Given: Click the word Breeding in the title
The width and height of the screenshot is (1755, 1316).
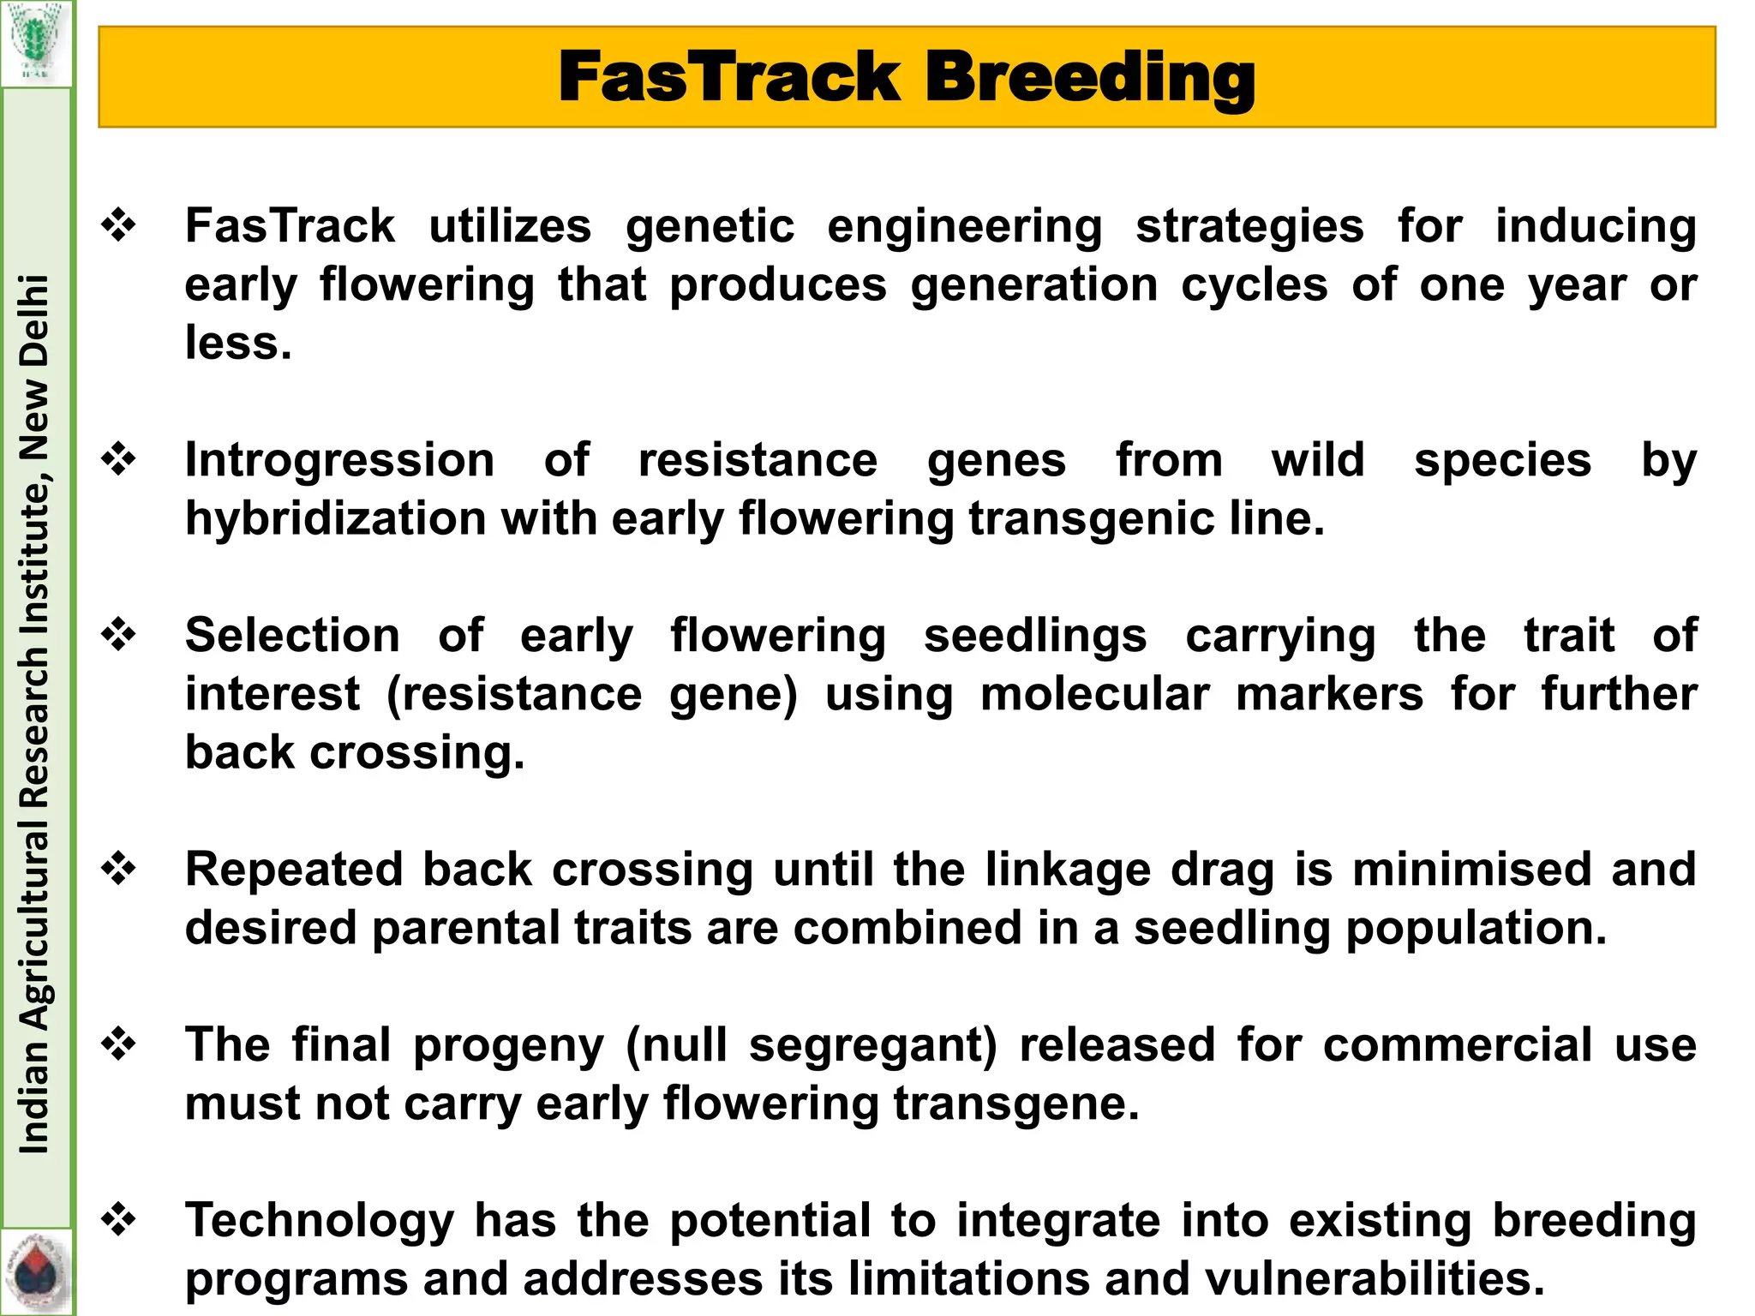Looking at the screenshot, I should pyautogui.click(x=1089, y=78).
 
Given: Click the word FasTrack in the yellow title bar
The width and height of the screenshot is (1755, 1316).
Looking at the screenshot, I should pyautogui.click(x=728, y=77).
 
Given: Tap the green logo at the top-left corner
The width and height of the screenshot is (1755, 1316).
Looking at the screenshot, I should pyautogui.click(x=35, y=42).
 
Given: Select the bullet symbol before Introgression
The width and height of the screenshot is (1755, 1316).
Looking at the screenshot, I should pyautogui.click(x=119, y=460).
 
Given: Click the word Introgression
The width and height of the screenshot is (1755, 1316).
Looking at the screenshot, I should pyautogui.click(x=340, y=461).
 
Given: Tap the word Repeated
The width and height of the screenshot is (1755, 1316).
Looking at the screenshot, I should pyautogui.click(x=293, y=870).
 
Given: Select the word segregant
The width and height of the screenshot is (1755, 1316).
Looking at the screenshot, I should pyautogui.click(x=873, y=1045).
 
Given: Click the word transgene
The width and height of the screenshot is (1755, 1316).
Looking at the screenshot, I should pyautogui.click(x=1016, y=1104).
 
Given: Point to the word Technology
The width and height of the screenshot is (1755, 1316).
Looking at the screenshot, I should pyautogui.click(x=320, y=1221).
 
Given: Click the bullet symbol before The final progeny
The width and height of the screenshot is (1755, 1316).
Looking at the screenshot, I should pyautogui.click(x=119, y=1044).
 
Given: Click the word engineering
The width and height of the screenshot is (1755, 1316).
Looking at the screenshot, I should pyautogui.click(x=965, y=227).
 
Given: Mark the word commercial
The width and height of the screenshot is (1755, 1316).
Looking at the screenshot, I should pyautogui.click(x=1457, y=1045).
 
